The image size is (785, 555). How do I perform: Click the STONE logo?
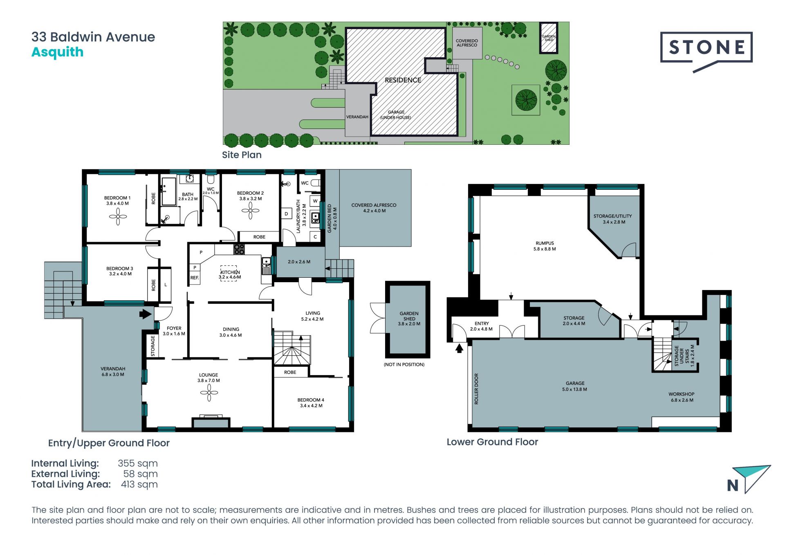(x=706, y=52)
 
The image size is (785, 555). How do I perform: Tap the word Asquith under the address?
(x=58, y=52)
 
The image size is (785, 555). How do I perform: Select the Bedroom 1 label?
(x=117, y=200)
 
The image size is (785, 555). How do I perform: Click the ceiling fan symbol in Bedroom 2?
(x=250, y=211)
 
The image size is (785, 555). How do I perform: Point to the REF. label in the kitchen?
(x=195, y=278)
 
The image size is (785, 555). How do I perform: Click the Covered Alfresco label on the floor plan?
(x=374, y=208)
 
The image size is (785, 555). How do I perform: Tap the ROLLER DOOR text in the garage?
(x=476, y=389)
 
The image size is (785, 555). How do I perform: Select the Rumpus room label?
(x=545, y=246)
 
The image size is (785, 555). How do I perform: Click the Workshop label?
(x=682, y=397)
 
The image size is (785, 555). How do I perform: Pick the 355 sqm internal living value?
(x=138, y=463)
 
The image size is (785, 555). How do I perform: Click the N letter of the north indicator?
(x=733, y=485)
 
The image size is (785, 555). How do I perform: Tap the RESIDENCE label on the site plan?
(x=403, y=80)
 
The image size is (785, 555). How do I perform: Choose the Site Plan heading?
(x=242, y=155)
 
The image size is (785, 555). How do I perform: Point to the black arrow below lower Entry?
(x=459, y=348)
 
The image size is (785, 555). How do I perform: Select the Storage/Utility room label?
(x=613, y=219)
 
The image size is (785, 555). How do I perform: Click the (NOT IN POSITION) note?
(x=404, y=364)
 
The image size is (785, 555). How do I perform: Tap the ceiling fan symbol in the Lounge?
(x=209, y=393)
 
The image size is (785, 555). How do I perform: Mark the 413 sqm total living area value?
(x=139, y=485)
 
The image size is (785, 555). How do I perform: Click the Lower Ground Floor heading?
(x=492, y=442)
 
